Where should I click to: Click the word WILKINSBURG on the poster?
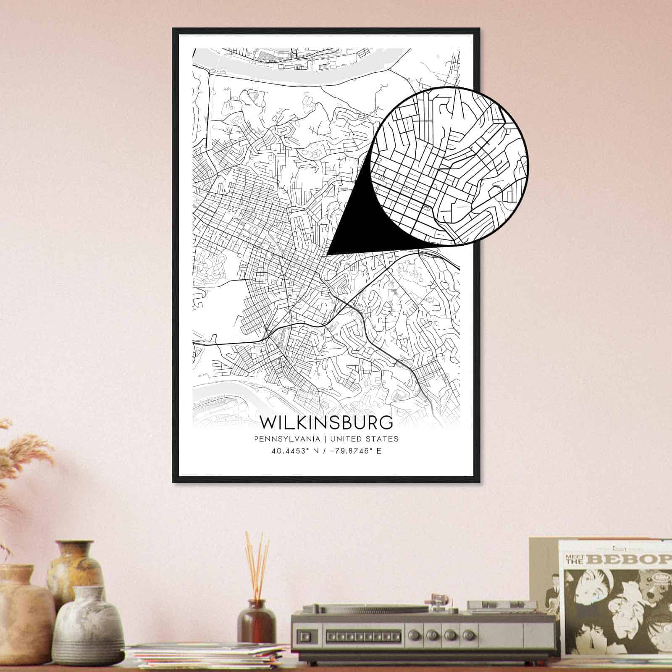pos(326,422)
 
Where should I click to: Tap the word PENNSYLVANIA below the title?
pos(287,439)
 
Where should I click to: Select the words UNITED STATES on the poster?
pos(364,439)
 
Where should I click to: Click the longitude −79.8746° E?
pos(355,451)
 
